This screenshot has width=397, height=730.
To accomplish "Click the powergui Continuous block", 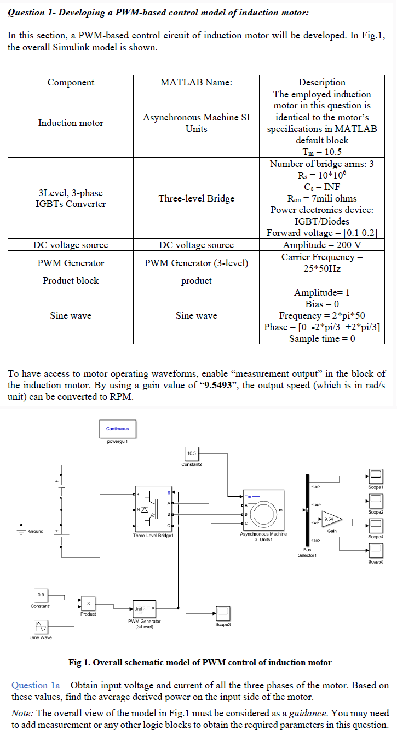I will [x=118, y=429].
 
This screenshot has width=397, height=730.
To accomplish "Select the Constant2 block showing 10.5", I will [x=192, y=454].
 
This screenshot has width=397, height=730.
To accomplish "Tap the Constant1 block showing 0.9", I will [x=41, y=595].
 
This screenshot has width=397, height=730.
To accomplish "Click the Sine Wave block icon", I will [x=41, y=625].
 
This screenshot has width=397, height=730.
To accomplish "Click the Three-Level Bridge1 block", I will [x=153, y=508].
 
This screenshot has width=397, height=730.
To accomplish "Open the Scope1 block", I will [x=376, y=475].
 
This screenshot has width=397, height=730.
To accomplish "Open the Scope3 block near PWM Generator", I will [x=223, y=612].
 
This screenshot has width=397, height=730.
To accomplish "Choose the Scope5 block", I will [x=376, y=549].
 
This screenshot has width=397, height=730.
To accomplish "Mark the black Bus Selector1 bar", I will [x=303, y=509].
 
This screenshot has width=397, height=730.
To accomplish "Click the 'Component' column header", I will [x=71, y=82].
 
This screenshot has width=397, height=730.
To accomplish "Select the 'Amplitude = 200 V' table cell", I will [x=321, y=245].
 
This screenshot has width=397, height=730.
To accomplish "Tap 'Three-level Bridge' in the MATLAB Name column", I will [x=196, y=198].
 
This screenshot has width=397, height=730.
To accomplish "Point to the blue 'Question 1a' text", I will [x=36, y=685].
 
